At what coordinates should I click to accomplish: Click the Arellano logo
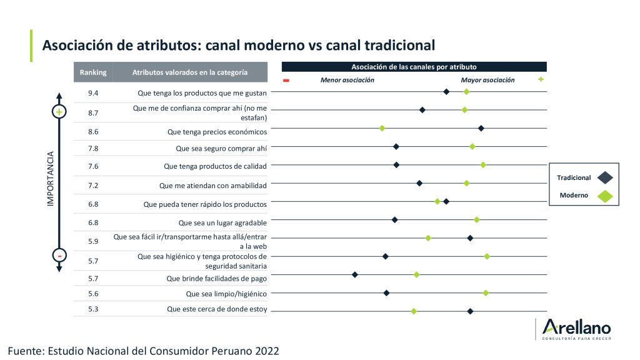pyautogui.click(x=576, y=329)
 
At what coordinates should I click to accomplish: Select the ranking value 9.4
pyautogui.click(x=93, y=93)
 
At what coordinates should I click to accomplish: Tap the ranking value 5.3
pyautogui.click(x=93, y=309)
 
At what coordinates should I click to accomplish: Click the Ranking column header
pyautogui.click(x=93, y=72)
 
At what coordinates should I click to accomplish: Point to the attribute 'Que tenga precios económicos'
pyautogui.click(x=217, y=132)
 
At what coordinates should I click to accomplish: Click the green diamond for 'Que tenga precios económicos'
pyautogui.click(x=382, y=128)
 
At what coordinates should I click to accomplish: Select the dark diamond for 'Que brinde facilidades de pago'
pyautogui.click(x=355, y=274)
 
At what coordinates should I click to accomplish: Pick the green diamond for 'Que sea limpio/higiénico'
pyautogui.click(x=486, y=292)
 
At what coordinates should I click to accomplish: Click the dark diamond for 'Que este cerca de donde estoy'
pyautogui.click(x=470, y=311)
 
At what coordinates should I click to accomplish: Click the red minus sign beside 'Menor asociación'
pyautogui.click(x=286, y=81)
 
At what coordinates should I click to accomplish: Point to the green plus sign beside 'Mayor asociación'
pyautogui.click(x=541, y=79)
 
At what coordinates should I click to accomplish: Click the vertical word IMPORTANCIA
pyautogui.click(x=51, y=179)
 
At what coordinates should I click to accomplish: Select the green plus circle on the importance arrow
pyautogui.click(x=59, y=112)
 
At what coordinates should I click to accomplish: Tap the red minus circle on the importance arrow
pyautogui.click(x=59, y=256)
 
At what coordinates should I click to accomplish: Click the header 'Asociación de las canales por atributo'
pyautogui.click(x=414, y=66)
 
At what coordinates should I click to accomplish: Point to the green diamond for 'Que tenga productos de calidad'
pyautogui.click(x=483, y=165)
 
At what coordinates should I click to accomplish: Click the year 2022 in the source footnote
pyautogui.click(x=264, y=351)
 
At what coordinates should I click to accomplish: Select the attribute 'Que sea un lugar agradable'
pyautogui.click(x=222, y=222)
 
